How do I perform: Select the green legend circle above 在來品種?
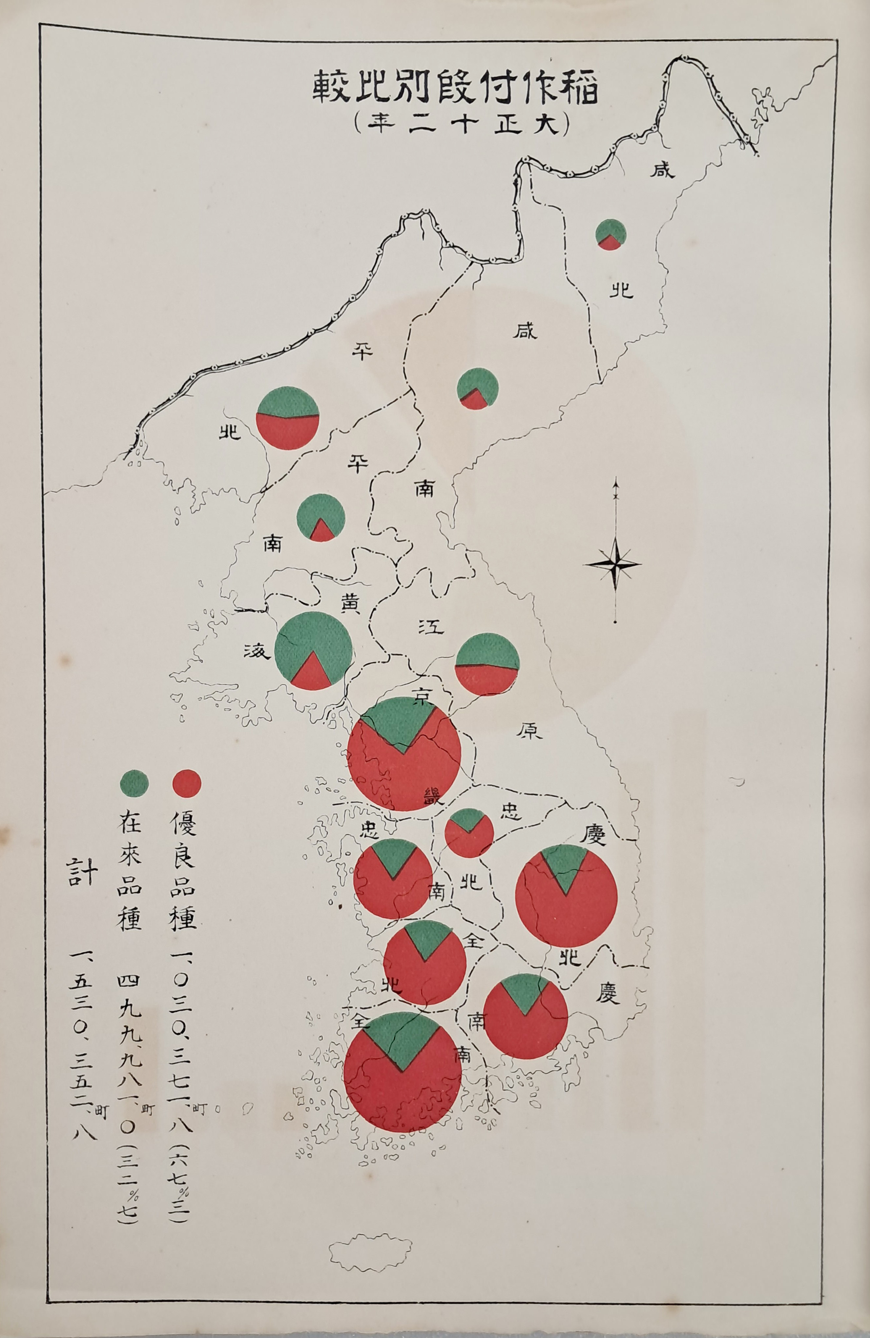(135, 783)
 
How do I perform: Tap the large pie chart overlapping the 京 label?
(405, 753)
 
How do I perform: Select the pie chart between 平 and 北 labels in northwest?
(288, 418)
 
